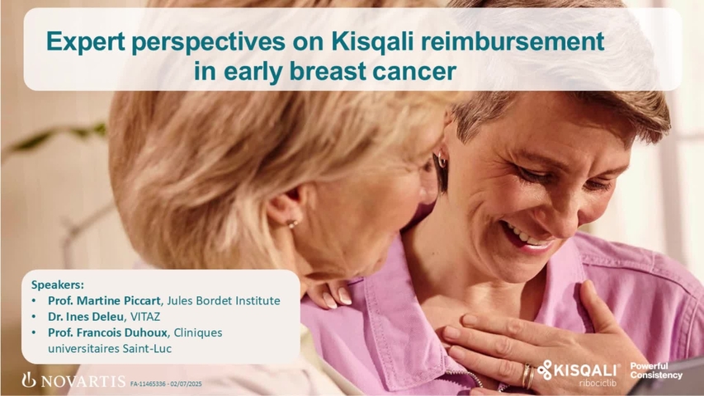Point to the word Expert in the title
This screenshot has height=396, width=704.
tap(84, 41)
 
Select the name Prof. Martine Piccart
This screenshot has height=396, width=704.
tap(110, 300)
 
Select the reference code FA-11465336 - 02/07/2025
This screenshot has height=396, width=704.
tap(166, 384)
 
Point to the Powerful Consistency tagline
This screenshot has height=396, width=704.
tap(656, 371)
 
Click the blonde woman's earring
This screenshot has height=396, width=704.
tap(291, 223)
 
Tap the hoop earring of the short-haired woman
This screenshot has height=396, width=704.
tap(442, 160)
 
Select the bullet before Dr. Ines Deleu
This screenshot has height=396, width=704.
tap(34, 316)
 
